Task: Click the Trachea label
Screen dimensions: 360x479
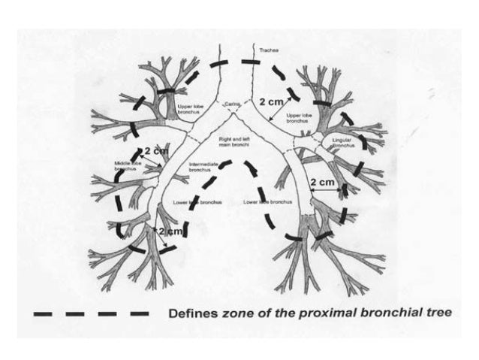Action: [x=269, y=51]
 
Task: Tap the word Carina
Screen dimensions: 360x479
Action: [x=230, y=103]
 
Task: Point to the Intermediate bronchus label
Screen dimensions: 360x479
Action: [x=203, y=167]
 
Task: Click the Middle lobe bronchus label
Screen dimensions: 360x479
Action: [x=128, y=165]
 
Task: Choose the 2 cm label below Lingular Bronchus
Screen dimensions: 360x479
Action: [x=323, y=183]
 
